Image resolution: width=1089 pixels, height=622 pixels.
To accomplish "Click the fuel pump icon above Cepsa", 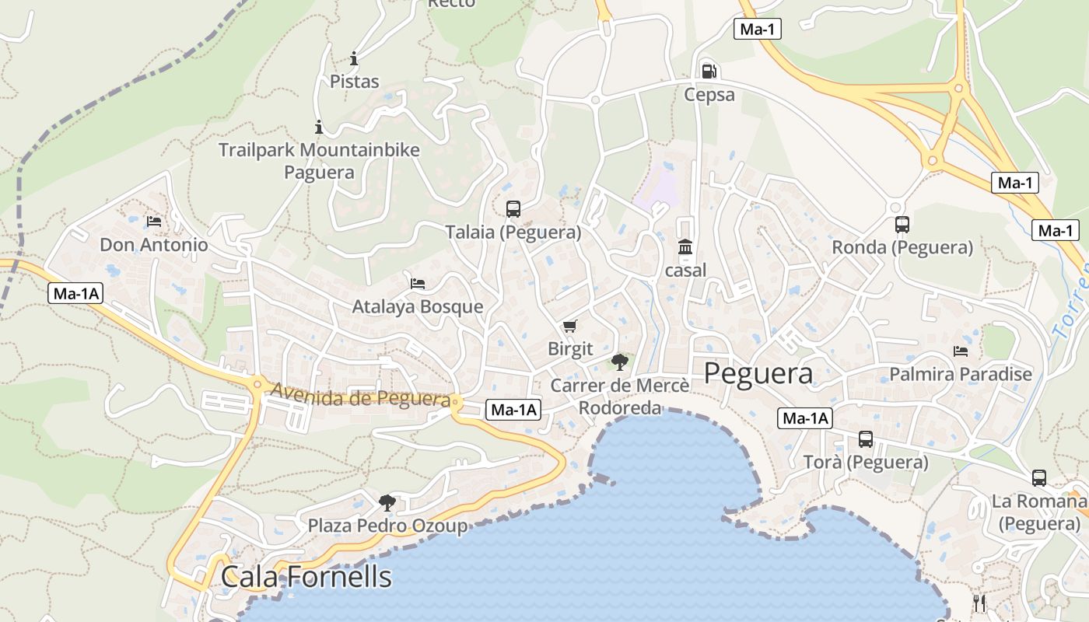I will point(709,71).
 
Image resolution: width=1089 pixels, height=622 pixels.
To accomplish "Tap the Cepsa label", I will point(709,95).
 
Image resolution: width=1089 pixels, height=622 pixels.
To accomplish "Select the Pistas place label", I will point(355,82).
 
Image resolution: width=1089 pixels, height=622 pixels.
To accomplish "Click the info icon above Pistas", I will point(355,58).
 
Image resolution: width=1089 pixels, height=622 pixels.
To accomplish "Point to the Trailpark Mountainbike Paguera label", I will point(319,161).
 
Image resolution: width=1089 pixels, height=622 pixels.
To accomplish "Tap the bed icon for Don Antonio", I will point(154,222).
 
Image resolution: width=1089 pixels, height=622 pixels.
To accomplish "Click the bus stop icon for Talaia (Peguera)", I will point(513,208).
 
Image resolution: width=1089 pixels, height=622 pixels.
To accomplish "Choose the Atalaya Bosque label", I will point(418,306).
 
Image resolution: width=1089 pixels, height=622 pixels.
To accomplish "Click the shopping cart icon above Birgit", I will point(570,326).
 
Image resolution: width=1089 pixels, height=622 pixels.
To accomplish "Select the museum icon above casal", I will point(685,247).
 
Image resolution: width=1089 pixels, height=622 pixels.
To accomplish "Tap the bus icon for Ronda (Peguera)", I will point(902,225).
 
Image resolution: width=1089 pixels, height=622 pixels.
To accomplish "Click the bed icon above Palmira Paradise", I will point(961,351).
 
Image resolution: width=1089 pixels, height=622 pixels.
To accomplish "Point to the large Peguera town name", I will point(758,374).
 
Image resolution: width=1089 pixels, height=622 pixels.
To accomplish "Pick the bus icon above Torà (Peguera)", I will point(866,439).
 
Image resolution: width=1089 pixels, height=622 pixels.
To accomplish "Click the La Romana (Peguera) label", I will point(1039,512).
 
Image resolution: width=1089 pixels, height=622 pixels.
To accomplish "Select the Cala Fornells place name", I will point(306,577).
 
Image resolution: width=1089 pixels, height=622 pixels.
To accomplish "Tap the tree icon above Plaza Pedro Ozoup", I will point(387,503).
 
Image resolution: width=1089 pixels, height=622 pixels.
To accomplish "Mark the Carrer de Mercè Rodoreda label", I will point(620,397).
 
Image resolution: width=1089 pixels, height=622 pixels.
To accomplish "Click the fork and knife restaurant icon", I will point(979,603).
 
